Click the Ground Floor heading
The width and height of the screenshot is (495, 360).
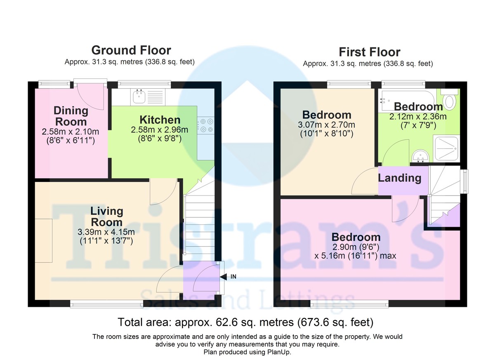[131, 50]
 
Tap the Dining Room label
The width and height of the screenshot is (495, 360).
[71, 116]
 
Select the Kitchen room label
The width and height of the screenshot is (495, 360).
[160, 120]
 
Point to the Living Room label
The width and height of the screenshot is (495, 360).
[106, 216]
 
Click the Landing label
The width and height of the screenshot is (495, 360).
[399, 178]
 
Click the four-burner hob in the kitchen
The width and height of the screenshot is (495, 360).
[207, 125]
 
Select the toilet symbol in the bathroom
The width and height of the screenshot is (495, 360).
[449, 99]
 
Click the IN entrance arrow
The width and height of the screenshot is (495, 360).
[229, 277]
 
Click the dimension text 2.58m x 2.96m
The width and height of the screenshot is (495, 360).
[160, 130]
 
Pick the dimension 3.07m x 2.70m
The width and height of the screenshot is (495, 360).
[327, 125]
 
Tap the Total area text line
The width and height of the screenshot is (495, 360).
[246, 322]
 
